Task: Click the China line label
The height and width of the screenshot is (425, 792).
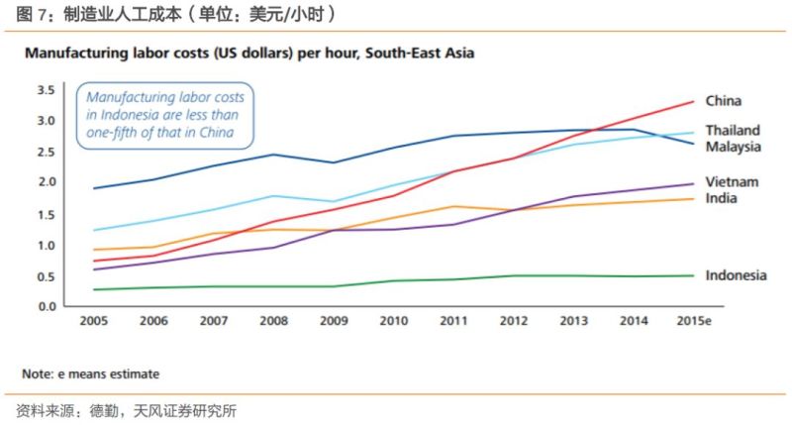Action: coord(723,101)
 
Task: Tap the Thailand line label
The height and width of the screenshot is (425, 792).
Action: coord(733,131)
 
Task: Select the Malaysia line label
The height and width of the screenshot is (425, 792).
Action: coord(733,147)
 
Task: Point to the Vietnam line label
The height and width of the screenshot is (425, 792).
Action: coord(732,182)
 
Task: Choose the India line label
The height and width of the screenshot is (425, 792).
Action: coord(721,198)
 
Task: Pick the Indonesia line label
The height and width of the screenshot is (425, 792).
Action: coord(736,275)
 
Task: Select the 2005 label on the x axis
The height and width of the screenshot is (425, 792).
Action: coord(93,323)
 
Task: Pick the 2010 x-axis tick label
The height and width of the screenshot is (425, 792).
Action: coord(393,323)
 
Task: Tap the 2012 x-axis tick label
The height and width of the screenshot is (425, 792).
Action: coord(512,323)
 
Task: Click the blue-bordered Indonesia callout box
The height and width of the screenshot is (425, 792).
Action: coord(163,115)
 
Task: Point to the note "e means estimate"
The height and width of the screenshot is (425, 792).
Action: coord(90,373)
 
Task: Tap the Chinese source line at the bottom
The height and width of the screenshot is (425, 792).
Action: coord(126,409)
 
